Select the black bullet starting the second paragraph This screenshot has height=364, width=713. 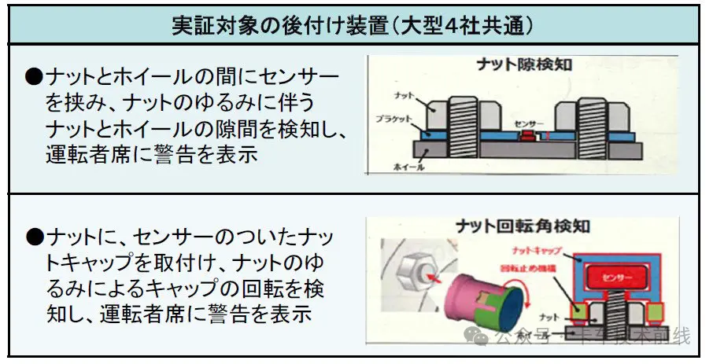(x=33, y=236)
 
